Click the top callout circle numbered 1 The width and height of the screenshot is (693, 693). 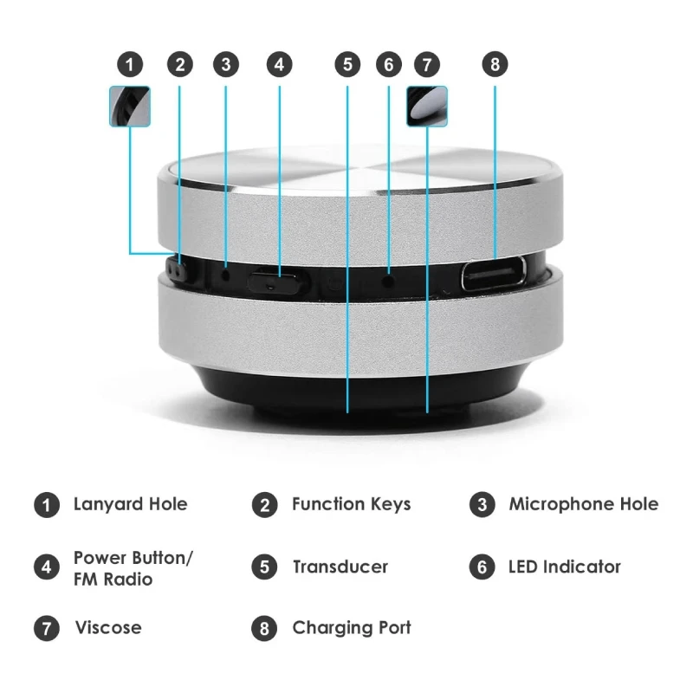(x=129, y=64)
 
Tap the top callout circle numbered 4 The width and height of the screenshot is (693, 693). (x=279, y=64)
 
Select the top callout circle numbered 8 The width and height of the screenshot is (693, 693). (x=495, y=64)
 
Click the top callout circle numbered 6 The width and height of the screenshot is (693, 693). (x=388, y=64)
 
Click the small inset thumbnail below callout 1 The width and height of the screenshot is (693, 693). (x=130, y=106)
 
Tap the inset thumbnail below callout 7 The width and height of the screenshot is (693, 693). (x=427, y=106)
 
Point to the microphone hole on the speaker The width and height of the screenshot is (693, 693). (x=226, y=275)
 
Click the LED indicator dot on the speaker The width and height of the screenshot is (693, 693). (x=388, y=279)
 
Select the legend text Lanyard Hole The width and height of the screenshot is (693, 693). (x=130, y=503)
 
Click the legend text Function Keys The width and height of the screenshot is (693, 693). (x=351, y=503)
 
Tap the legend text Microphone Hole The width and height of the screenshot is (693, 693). (x=583, y=503)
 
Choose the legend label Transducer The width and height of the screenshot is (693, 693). (x=340, y=567)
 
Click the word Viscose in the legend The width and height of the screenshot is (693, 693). (x=107, y=627)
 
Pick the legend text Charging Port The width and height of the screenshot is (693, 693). (x=351, y=627)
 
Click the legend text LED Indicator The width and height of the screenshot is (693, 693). (x=564, y=567)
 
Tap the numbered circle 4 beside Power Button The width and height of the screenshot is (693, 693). (x=46, y=568)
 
